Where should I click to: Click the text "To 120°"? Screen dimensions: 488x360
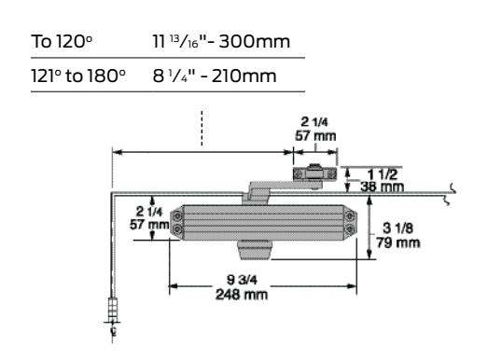(x=62, y=41)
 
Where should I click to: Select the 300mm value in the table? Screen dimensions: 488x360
(x=254, y=41)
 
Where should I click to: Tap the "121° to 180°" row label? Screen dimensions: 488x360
(x=78, y=76)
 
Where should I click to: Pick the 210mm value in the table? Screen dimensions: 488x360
(x=244, y=76)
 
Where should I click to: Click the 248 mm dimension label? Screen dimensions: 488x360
(x=242, y=295)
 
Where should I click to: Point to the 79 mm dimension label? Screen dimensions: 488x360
(x=398, y=242)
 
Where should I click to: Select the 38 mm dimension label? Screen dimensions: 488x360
(x=383, y=187)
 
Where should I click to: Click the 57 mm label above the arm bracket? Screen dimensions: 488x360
(x=315, y=135)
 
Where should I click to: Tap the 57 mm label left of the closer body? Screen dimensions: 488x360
(x=149, y=225)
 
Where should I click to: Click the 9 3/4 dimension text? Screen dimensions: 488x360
(x=242, y=280)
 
